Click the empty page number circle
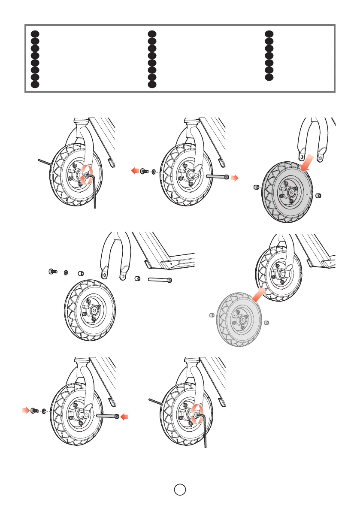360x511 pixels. (180, 489)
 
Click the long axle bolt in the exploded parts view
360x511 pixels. (160, 280)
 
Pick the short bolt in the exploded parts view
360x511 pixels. (52, 272)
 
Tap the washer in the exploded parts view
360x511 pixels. (66, 272)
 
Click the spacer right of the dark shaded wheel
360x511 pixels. (318, 196)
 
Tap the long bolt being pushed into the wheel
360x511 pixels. (107, 416)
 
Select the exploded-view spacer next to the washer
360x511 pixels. (80, 273)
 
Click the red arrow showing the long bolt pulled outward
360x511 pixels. (233, 178)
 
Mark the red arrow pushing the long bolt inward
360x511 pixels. (125, 416)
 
